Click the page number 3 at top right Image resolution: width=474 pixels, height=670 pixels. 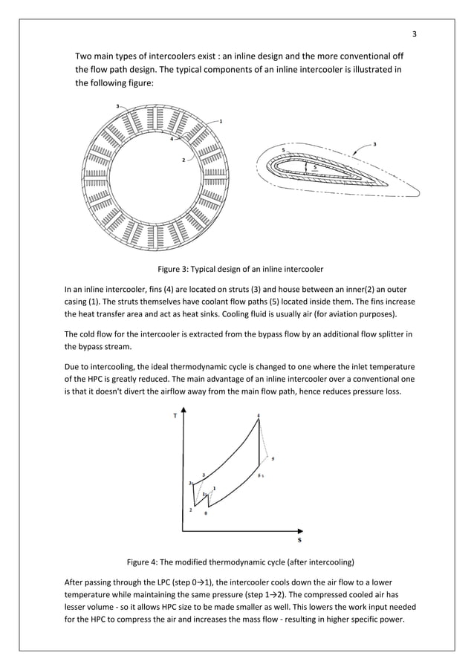415,34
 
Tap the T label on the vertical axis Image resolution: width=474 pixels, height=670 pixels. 175,416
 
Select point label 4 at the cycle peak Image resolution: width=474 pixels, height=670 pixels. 259,415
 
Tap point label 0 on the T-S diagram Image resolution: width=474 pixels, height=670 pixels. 206,513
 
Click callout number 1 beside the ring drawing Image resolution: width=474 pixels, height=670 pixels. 221,120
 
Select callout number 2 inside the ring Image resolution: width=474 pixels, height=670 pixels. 184,160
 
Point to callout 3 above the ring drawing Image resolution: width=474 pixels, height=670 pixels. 117,107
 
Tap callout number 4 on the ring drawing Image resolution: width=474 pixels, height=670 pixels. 171,139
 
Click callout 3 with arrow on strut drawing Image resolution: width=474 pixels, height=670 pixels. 374,143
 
